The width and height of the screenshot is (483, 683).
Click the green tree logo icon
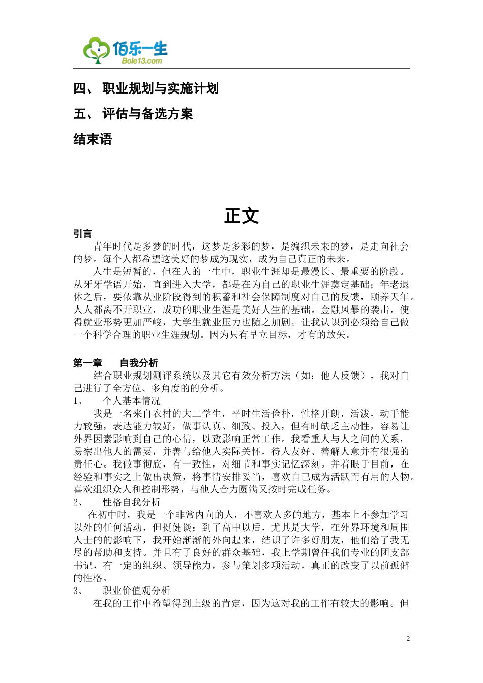97,50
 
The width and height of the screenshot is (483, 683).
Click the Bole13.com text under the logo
142,61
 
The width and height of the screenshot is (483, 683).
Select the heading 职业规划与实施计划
160,88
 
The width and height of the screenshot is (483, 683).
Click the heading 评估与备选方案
147,114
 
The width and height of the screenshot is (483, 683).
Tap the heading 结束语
93,139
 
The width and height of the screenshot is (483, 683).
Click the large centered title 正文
242,215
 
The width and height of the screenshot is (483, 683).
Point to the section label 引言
83,234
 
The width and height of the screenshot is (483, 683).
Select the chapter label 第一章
87,363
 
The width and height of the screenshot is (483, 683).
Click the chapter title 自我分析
139,363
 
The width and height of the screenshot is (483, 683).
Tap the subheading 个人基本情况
131,401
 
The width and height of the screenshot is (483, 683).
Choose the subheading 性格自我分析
131,502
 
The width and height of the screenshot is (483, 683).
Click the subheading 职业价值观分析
136,591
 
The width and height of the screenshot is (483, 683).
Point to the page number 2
408,639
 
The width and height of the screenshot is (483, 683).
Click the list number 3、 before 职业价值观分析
79,591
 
